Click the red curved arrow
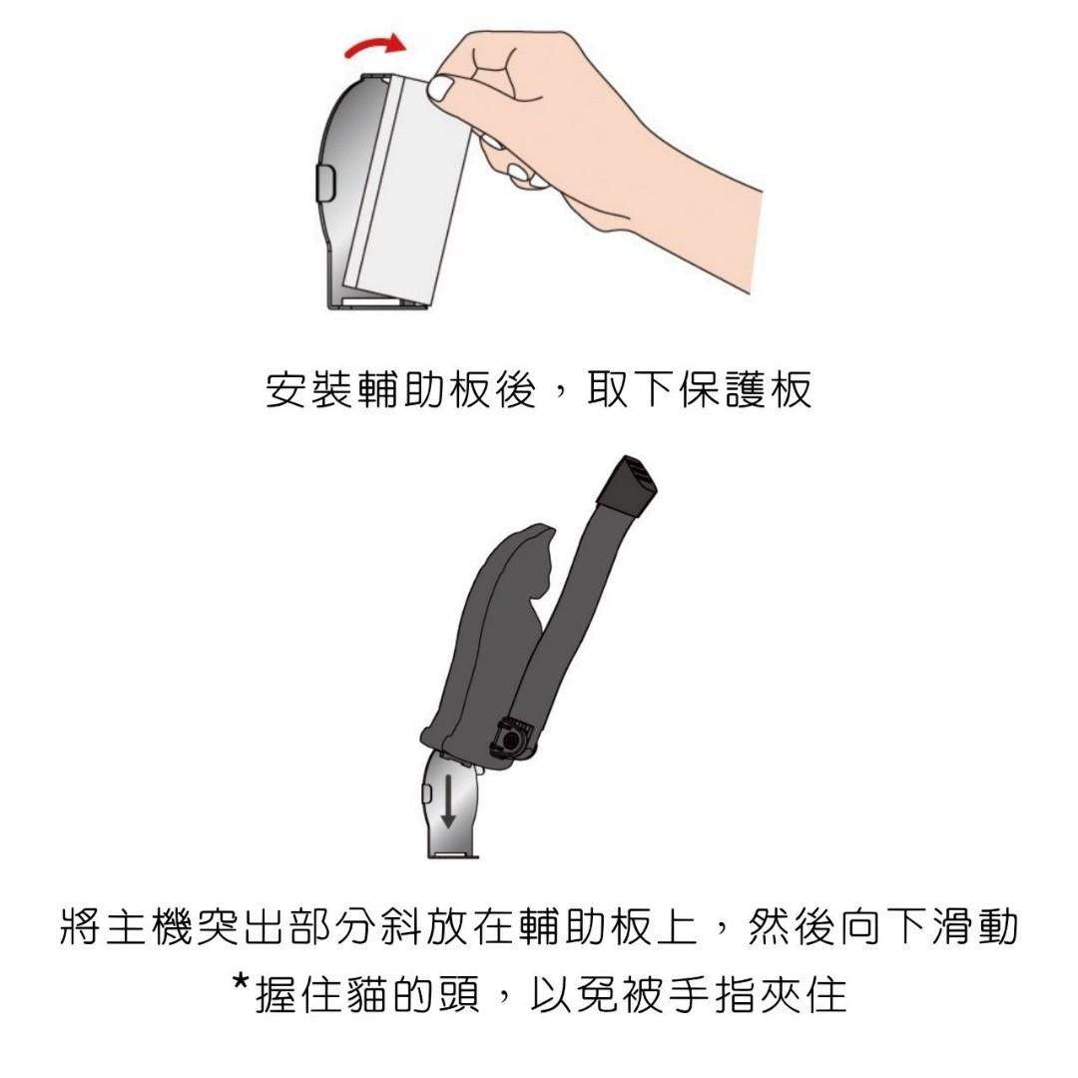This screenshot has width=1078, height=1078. [373, 45]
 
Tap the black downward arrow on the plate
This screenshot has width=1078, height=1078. [448, 800]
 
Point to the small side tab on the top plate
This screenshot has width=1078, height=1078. [324, 183]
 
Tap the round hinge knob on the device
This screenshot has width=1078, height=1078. [511, 738]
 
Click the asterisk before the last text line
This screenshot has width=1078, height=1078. [240, 982]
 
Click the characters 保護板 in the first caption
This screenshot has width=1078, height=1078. [746, 390]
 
